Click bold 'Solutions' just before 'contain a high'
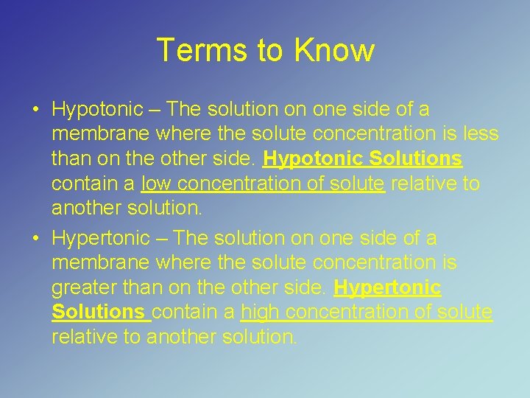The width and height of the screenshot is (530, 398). [x=99, y=313]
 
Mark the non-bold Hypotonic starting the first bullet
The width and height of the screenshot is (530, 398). [x=97, y=110]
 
